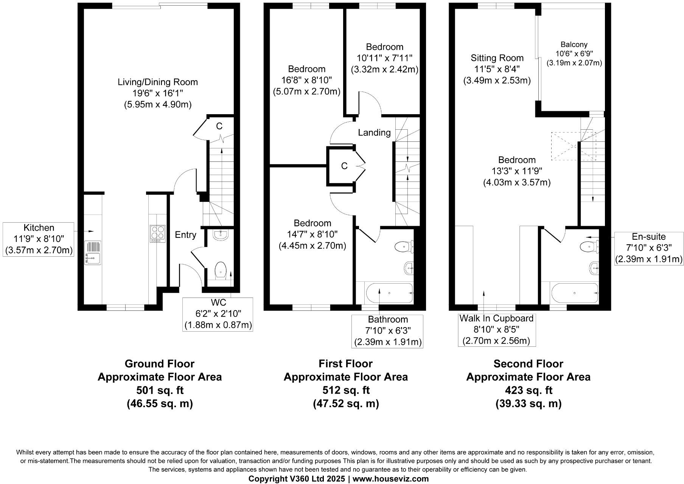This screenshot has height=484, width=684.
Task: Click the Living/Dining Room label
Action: tap(157, 82)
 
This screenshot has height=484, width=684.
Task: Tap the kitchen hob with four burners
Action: tap(158, 233)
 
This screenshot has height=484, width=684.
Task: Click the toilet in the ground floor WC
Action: tap(220, 271)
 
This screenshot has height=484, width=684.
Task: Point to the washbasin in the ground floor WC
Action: tap(220, 235)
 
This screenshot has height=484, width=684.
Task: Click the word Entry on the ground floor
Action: tap(185, 235)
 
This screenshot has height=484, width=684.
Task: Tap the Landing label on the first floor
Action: tap(374, 132)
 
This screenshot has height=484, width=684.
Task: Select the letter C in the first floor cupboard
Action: tap(344, 166)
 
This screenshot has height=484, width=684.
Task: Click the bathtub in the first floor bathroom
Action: tap(389, 293)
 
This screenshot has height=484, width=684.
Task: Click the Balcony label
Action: tap(574, 45)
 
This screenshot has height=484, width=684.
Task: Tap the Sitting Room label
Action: tap(497, 58)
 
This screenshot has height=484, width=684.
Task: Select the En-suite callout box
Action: tap(648, 248)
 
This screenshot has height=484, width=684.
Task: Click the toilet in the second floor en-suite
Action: tap(588, 247)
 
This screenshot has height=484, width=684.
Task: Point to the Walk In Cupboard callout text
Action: tap(496, 318)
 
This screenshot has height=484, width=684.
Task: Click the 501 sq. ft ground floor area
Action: tap(160, 390)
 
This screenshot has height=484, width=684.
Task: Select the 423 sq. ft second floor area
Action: tap(528, 390)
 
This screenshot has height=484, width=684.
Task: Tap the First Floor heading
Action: tap(345, 364)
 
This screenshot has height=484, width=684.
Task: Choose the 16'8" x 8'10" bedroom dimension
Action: tap(306, 80)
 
